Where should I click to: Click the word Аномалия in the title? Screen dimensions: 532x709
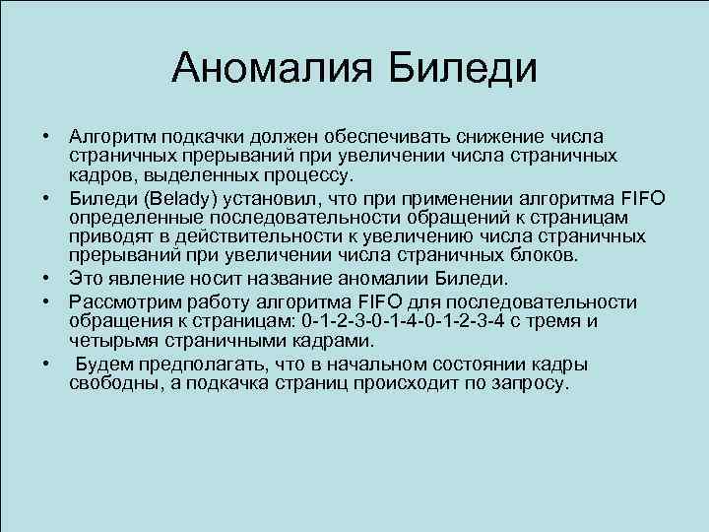pos(269,69)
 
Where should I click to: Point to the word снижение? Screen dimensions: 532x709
pos(477,136)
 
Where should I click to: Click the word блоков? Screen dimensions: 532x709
pos(552,256)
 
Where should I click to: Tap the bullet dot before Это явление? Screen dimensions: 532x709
pos(45,277)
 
